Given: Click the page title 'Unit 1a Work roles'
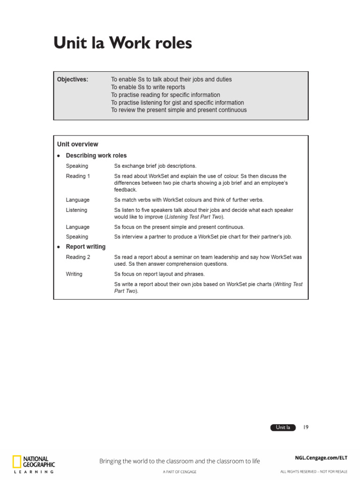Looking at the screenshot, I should (122, 43).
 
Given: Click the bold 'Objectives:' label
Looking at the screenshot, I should (73, 80).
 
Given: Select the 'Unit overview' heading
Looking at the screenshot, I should (78, 144).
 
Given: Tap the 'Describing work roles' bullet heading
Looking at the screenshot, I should (96, 156).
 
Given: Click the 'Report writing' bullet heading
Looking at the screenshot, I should (85, 247).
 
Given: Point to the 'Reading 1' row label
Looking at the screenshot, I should (78, 176).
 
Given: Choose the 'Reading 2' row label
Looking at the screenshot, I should (78, 257).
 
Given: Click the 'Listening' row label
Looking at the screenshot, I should (76, 210).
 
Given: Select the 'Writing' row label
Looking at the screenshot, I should (74, 274).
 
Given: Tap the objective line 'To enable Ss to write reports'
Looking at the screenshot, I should (148, 87).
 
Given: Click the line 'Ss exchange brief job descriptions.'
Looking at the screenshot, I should (156, 166).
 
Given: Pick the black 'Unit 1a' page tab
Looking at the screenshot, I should (283, 427).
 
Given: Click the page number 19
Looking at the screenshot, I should (306, 427).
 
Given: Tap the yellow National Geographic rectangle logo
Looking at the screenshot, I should (17, 462).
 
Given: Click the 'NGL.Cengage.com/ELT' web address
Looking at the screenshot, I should (321, 457).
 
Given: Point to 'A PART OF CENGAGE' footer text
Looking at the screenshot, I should (180, 472).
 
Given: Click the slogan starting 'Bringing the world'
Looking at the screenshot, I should (180, 461).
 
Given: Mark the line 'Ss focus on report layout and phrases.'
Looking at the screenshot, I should (159, 274).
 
